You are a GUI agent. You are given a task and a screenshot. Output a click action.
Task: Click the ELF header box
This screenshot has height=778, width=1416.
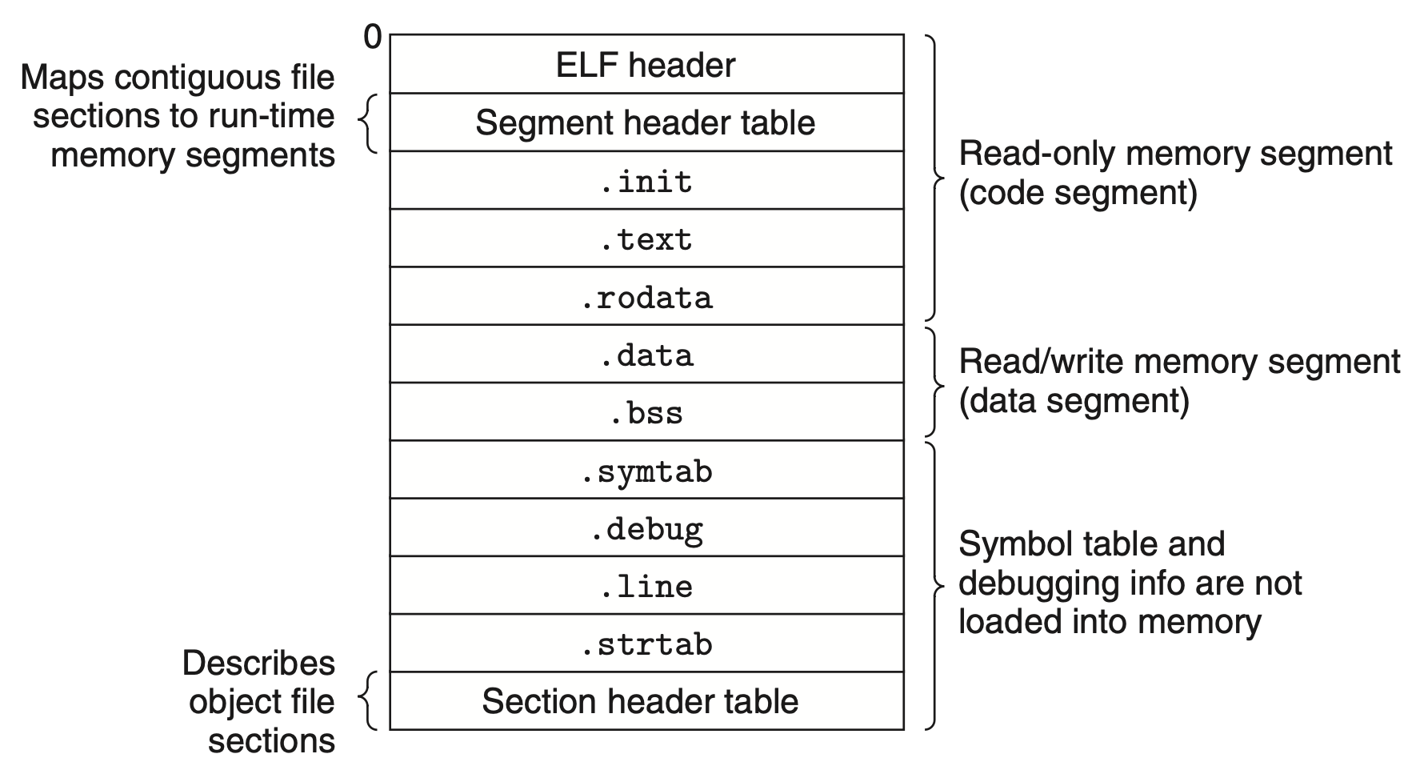[x=646, y=65]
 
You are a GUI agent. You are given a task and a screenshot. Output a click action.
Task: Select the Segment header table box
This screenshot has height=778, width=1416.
[x=646, y=122]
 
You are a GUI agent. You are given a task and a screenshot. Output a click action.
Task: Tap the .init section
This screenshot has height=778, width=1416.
[x=646, y=182]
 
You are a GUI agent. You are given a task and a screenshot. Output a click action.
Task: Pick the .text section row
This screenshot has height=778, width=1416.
[x=646, y=239]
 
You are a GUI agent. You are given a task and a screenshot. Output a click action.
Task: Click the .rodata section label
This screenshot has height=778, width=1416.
[x=646, y=298]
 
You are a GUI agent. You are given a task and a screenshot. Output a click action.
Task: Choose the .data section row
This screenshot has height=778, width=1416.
[x=646, y=355]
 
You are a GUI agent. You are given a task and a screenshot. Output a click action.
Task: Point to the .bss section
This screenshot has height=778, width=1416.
[x=646, y=413]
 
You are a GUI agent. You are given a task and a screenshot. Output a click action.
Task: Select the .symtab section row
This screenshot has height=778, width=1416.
[x=646, y=471]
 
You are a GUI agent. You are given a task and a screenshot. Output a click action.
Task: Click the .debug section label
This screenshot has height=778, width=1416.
[x=646, y=529]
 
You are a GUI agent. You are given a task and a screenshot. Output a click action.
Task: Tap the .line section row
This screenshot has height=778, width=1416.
[x=646, y=587]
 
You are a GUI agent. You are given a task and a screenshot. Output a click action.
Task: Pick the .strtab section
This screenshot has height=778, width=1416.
[x=646, y=644]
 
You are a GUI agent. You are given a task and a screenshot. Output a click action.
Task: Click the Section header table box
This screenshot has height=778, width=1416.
[x=640, y=701]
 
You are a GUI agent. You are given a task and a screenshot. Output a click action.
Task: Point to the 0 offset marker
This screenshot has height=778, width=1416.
[x=373, y=37]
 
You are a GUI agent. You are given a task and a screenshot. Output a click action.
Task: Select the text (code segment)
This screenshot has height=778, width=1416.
[x=1078, y=193]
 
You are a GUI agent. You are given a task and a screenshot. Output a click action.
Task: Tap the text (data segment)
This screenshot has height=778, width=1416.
[x=1074, y=400]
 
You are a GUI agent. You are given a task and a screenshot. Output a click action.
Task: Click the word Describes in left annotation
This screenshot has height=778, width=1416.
[x=258, y=663]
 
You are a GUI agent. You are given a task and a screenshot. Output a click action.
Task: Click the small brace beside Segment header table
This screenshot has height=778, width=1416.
[x=366, y=123]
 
